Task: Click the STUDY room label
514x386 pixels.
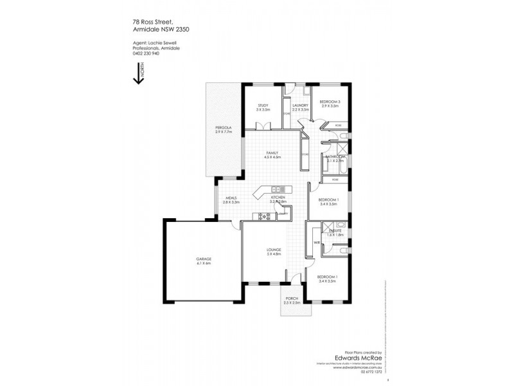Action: pos(262,105)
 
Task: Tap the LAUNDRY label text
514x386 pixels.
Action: pos(300,105)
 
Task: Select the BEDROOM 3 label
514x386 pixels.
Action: pos(329,102)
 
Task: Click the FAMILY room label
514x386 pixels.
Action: pos(273,152)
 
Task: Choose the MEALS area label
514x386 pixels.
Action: pos(231,198)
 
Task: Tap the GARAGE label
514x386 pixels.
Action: pos(204,259)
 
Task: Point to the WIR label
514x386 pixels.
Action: pos(317,243)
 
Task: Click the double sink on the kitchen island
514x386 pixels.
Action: pos(278,189)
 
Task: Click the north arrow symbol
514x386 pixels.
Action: pos(137,73)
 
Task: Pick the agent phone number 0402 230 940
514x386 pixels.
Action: pos(141,53)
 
